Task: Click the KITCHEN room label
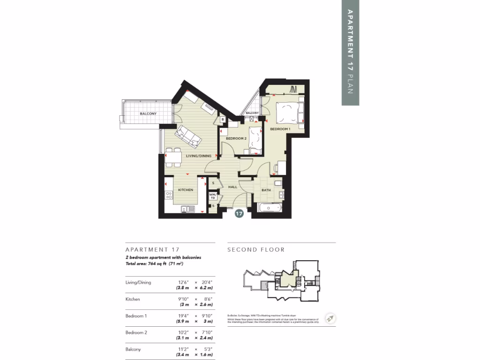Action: coord(186,190)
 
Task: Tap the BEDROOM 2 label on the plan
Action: coord(236,139)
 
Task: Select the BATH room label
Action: coord(266,190)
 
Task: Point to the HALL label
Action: coord(232,187)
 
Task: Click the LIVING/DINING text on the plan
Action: coord(198,156)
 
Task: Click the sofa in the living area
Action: coord(188,137)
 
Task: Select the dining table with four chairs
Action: coord(174,157)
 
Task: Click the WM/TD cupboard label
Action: coord(212,196)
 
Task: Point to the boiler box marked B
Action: coord(223,120)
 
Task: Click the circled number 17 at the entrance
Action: coord(239,214)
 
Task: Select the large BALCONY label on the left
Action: coord(148,114)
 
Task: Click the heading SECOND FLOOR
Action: coord(256,250)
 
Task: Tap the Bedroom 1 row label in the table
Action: coord(136,316)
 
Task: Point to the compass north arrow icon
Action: coord(330,318)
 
